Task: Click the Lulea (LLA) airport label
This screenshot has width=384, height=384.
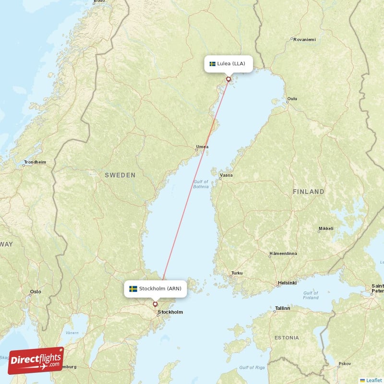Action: (x=228, y=63)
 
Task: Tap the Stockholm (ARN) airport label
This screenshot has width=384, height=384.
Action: (x=155, y=288)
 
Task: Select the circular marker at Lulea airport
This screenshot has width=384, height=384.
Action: (x=228, y=79)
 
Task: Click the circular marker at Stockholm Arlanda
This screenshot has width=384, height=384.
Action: (x=155, y=304)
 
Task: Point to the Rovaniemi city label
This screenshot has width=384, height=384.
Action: (x=304, y=39)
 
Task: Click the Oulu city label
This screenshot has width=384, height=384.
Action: (x=292, y=99)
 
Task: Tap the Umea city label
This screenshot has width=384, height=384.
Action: (x=202, y=147)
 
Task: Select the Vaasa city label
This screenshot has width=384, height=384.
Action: (x=226, y=175)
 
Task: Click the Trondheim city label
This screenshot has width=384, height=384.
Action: (x=36, y=162)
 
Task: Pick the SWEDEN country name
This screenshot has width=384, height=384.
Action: (x=120, y=175)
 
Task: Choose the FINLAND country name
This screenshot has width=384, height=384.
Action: (x=309, y=192)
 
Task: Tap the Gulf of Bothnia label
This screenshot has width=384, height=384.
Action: (x=201, y=184)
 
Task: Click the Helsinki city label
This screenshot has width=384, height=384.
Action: (x=287, y=283)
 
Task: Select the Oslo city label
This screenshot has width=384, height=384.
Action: (x=36, y=291)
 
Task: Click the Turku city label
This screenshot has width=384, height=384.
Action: (x=237, y=274)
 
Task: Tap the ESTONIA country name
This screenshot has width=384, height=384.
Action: (x=287, y=338)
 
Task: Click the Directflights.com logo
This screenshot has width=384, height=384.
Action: (x=36, y=360)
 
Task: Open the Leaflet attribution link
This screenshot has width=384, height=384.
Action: (x=373, y=380)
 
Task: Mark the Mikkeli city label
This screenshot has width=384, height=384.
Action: (x=325, y=228)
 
